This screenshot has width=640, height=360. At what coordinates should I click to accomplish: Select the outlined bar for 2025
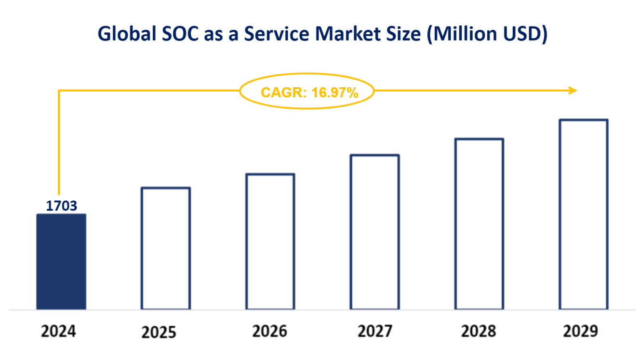pyautogui.click(x=166, y=248)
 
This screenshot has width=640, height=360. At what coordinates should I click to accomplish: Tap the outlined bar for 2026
pyautogui.click(x=270, y=241)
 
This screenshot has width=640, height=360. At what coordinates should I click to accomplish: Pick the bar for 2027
pyautogui.click(x=375, y=232)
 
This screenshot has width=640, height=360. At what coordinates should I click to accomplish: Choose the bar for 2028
pyautogui.click(x=480, y=224)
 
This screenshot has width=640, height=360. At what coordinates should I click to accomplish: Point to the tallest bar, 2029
pyautogui.click(x=584, y=214)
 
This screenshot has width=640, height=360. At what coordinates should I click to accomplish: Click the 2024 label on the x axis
pyautogui.click(x=59, y=332)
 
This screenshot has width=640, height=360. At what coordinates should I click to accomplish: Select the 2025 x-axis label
pyautogui.click(x=160, y=333)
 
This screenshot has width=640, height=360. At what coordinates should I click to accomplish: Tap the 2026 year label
pyautogui.click(x=270, y=332)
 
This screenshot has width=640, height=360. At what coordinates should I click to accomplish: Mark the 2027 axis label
pyautogui.click(x=375, y=332)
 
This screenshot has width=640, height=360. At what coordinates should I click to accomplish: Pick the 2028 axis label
pyautogui.click(x=479, y=332)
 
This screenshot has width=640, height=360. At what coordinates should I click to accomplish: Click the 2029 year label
pyautogui.click(x=581, y=332)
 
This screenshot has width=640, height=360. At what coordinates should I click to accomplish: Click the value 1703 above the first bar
pyautogui.click(x=61, y=206)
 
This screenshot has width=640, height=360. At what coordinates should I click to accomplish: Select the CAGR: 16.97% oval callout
pyautogui.click(x=307, y=92)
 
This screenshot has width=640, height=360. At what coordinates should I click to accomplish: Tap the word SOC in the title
pyautogui.click(x=181, y=34)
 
